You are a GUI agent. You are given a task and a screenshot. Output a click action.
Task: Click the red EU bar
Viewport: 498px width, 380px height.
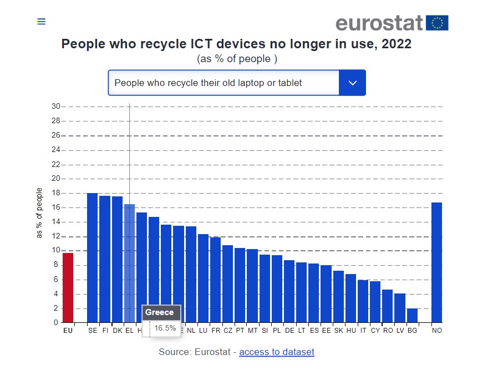pyautogui.click(x=68, y=287)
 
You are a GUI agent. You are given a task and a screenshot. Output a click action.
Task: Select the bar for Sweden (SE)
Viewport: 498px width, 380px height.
pyautogui.click(x=92, y=257)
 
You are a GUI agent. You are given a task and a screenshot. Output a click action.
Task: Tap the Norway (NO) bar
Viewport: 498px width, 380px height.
pyautogui.click(x=436, y=262)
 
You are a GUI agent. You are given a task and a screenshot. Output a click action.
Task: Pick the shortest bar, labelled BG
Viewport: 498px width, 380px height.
pyautogui.click(x=412, y=315)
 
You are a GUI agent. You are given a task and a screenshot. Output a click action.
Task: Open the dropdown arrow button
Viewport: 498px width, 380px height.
pyautogui.click(x=352, y=83)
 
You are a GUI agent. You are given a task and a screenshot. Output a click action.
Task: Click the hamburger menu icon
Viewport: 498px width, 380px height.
pyautogui.click(x=41, y=22)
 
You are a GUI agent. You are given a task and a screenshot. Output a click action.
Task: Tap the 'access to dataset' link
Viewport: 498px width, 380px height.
pyautogui.click(x=277, y=352)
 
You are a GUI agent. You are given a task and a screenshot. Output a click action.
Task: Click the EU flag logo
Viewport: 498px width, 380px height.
pyautogui.click(x=438, y=23)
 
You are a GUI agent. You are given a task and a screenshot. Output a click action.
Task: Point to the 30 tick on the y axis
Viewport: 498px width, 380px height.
pyautogui.click(x=56, y=107)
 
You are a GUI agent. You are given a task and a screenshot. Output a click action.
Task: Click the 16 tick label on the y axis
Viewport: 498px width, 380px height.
pyautogui.click(x=56, y=207)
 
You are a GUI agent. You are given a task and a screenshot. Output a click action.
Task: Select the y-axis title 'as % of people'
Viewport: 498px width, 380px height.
pyautogui.click(x=39, y=213)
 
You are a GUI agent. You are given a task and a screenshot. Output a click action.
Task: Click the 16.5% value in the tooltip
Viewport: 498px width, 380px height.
pyautogui.click(x=165, y=328)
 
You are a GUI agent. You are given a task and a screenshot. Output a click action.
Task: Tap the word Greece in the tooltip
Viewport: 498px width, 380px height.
pyautogui.click(x=160, y=312)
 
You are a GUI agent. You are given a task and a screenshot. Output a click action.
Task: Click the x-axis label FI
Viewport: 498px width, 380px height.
pyautogui.click(x=105, y=331)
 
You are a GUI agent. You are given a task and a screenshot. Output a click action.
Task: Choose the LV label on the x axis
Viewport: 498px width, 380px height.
pyautogui.click(x=400, y=331)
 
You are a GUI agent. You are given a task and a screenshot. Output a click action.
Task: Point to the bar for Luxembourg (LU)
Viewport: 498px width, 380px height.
pyautogui.click(x=203, y=278)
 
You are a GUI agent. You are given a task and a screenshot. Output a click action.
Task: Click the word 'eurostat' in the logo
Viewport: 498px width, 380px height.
pyautogui.click(x=379, y=23)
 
